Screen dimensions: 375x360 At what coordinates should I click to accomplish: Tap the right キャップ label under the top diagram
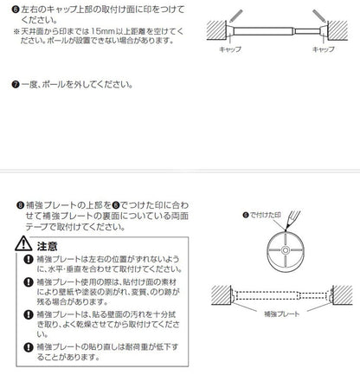323,50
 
